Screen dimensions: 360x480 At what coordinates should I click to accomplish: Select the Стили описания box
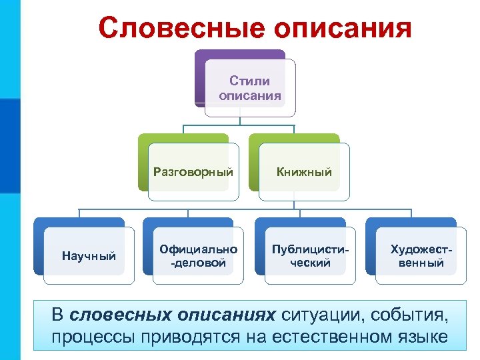[x=250, y=88]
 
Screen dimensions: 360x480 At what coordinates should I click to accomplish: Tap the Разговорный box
[x=193, y=172]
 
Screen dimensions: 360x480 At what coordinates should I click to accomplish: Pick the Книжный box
[x=304, y=172]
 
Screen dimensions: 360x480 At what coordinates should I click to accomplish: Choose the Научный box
[x=89, y=256]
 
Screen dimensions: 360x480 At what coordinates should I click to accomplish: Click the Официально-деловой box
[x=199, y=256]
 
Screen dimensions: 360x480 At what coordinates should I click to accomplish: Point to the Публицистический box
[x=310, y=256]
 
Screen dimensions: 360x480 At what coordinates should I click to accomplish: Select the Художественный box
[x=417, y=256]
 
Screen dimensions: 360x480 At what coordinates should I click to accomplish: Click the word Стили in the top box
[x=250, y=81]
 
